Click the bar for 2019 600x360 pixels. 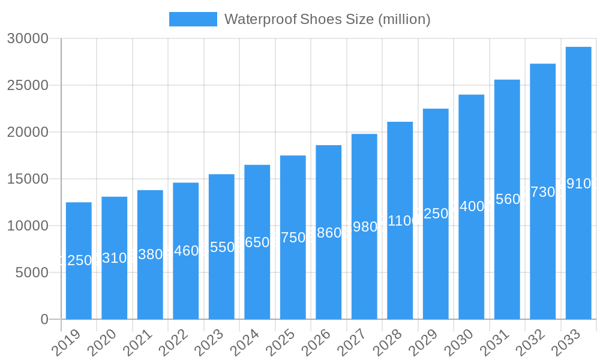click(79, 288)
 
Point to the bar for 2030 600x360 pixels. click(471, 264)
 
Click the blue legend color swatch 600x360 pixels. click(193, 19)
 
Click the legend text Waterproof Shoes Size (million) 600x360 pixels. click(327, 19)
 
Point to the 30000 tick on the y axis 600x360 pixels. click(27, 38)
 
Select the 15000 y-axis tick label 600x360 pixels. click(27, 179)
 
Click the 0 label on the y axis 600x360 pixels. click(44, 319)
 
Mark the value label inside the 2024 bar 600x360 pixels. click(257, 242)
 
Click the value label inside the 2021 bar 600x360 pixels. click(150, 254)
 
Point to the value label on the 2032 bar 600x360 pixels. click(542, 192)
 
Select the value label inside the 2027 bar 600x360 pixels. click(364, 227)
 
